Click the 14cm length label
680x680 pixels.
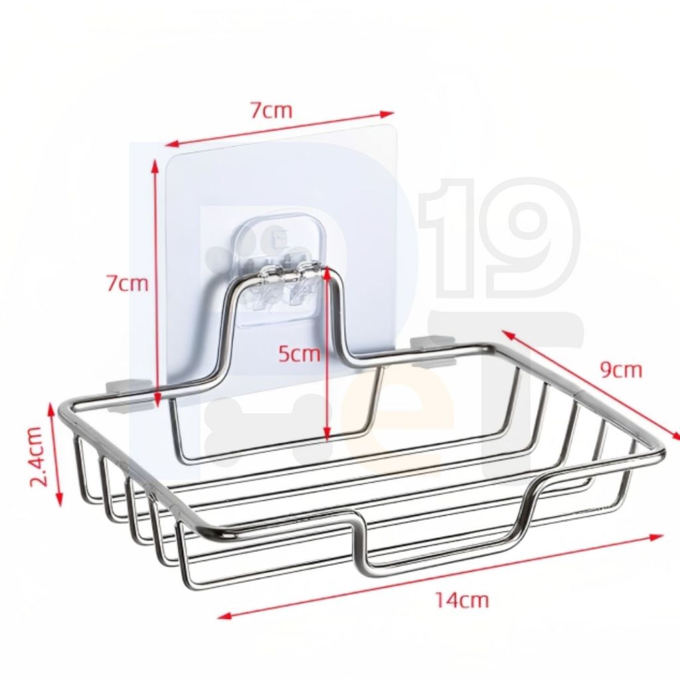pyautogui.click(x=462, y=600)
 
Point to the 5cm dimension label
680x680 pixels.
pyautogui.click(x=299, y=354)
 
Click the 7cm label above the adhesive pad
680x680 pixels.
pyautogui.click(x=272, y=111)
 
